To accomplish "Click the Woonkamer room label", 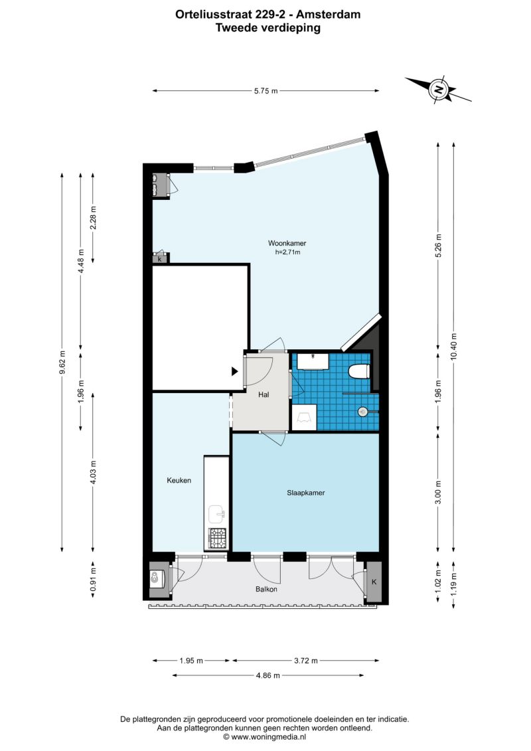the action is click(287, 243).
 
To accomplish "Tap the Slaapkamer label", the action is click(305, 492).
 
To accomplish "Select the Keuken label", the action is click(179, 480).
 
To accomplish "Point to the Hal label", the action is click(264, 394).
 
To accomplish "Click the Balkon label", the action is click(266, 589).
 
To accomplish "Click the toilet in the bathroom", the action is click(359, 371).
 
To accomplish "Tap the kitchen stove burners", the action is click(218, 538).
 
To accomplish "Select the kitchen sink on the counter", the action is click(217, 514).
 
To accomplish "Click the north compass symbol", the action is click(438, 90).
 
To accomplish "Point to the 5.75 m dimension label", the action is click(265, 90).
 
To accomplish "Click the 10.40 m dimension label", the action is click(453, 346).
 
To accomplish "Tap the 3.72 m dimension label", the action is click(305, 661).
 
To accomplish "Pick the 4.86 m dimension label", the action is click(267, 675).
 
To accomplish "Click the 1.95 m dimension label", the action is click(191, 661).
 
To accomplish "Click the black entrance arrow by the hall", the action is click(234, 371).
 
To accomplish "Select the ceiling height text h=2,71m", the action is click(287, 252).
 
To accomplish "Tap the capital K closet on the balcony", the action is click(374, 582).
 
